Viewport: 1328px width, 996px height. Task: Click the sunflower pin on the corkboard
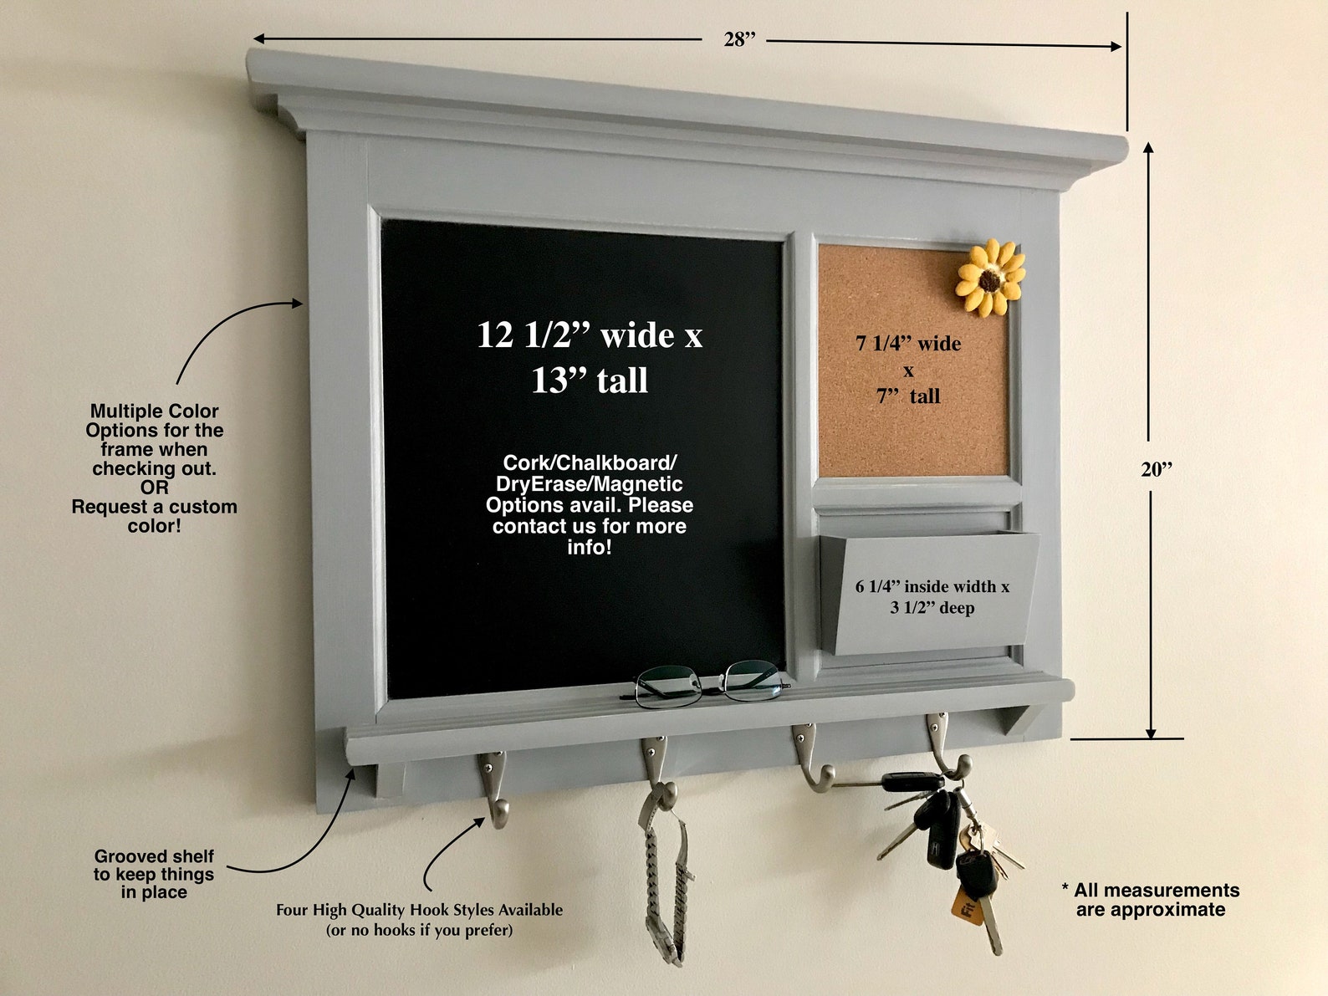pos(991,278)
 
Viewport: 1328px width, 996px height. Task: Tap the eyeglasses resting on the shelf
pos(704,682)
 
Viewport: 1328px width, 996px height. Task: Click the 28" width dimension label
pos(739,39)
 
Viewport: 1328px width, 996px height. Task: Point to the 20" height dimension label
pos(1157,469)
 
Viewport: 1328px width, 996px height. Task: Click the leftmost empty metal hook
pos(494,786)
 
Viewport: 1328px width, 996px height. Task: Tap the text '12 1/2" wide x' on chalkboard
pos(590,335)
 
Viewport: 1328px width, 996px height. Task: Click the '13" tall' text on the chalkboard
pos(590,381)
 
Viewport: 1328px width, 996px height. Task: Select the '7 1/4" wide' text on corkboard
pos(908,344)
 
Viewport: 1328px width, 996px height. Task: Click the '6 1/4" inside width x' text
pos(932,587)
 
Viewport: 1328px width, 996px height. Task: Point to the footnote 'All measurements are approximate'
pos(1151,900)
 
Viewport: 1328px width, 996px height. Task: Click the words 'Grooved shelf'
pos(154,856)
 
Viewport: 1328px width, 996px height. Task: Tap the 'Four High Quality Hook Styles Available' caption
pos(419,910)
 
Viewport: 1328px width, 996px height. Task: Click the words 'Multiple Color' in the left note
pos(154,411)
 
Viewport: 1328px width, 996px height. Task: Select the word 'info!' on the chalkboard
pos(589,548)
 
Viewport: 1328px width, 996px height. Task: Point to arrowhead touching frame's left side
pos(298,304)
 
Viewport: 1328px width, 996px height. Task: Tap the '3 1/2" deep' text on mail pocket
pos(932,608)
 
